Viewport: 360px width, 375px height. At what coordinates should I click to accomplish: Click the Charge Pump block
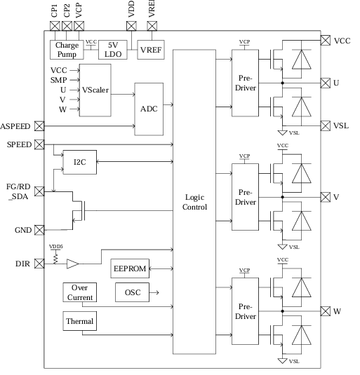pos(66,50)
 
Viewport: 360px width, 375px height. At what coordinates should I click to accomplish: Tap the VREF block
pos(150,50)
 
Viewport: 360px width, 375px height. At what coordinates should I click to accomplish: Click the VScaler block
pos(95,90)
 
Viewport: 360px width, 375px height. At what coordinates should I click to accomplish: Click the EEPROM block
pos(128,268)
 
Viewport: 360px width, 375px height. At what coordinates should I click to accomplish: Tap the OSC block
pos(131,292)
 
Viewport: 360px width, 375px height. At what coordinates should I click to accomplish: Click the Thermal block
pos(79,322)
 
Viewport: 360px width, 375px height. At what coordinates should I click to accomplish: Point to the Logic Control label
pos(194,203)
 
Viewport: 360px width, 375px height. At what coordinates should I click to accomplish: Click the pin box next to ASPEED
pos(39,126)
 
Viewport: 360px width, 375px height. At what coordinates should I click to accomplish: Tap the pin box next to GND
pos(39,229)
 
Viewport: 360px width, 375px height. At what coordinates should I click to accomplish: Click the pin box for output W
pos(326,310)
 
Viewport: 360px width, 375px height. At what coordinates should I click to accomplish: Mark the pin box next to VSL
pos(326,125)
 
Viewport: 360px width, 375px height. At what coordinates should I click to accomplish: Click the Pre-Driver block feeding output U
pos(246,83)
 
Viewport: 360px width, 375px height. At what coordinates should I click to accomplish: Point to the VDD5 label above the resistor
pos(55,247)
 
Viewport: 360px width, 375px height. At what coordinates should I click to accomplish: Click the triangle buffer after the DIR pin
pos(73,264)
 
